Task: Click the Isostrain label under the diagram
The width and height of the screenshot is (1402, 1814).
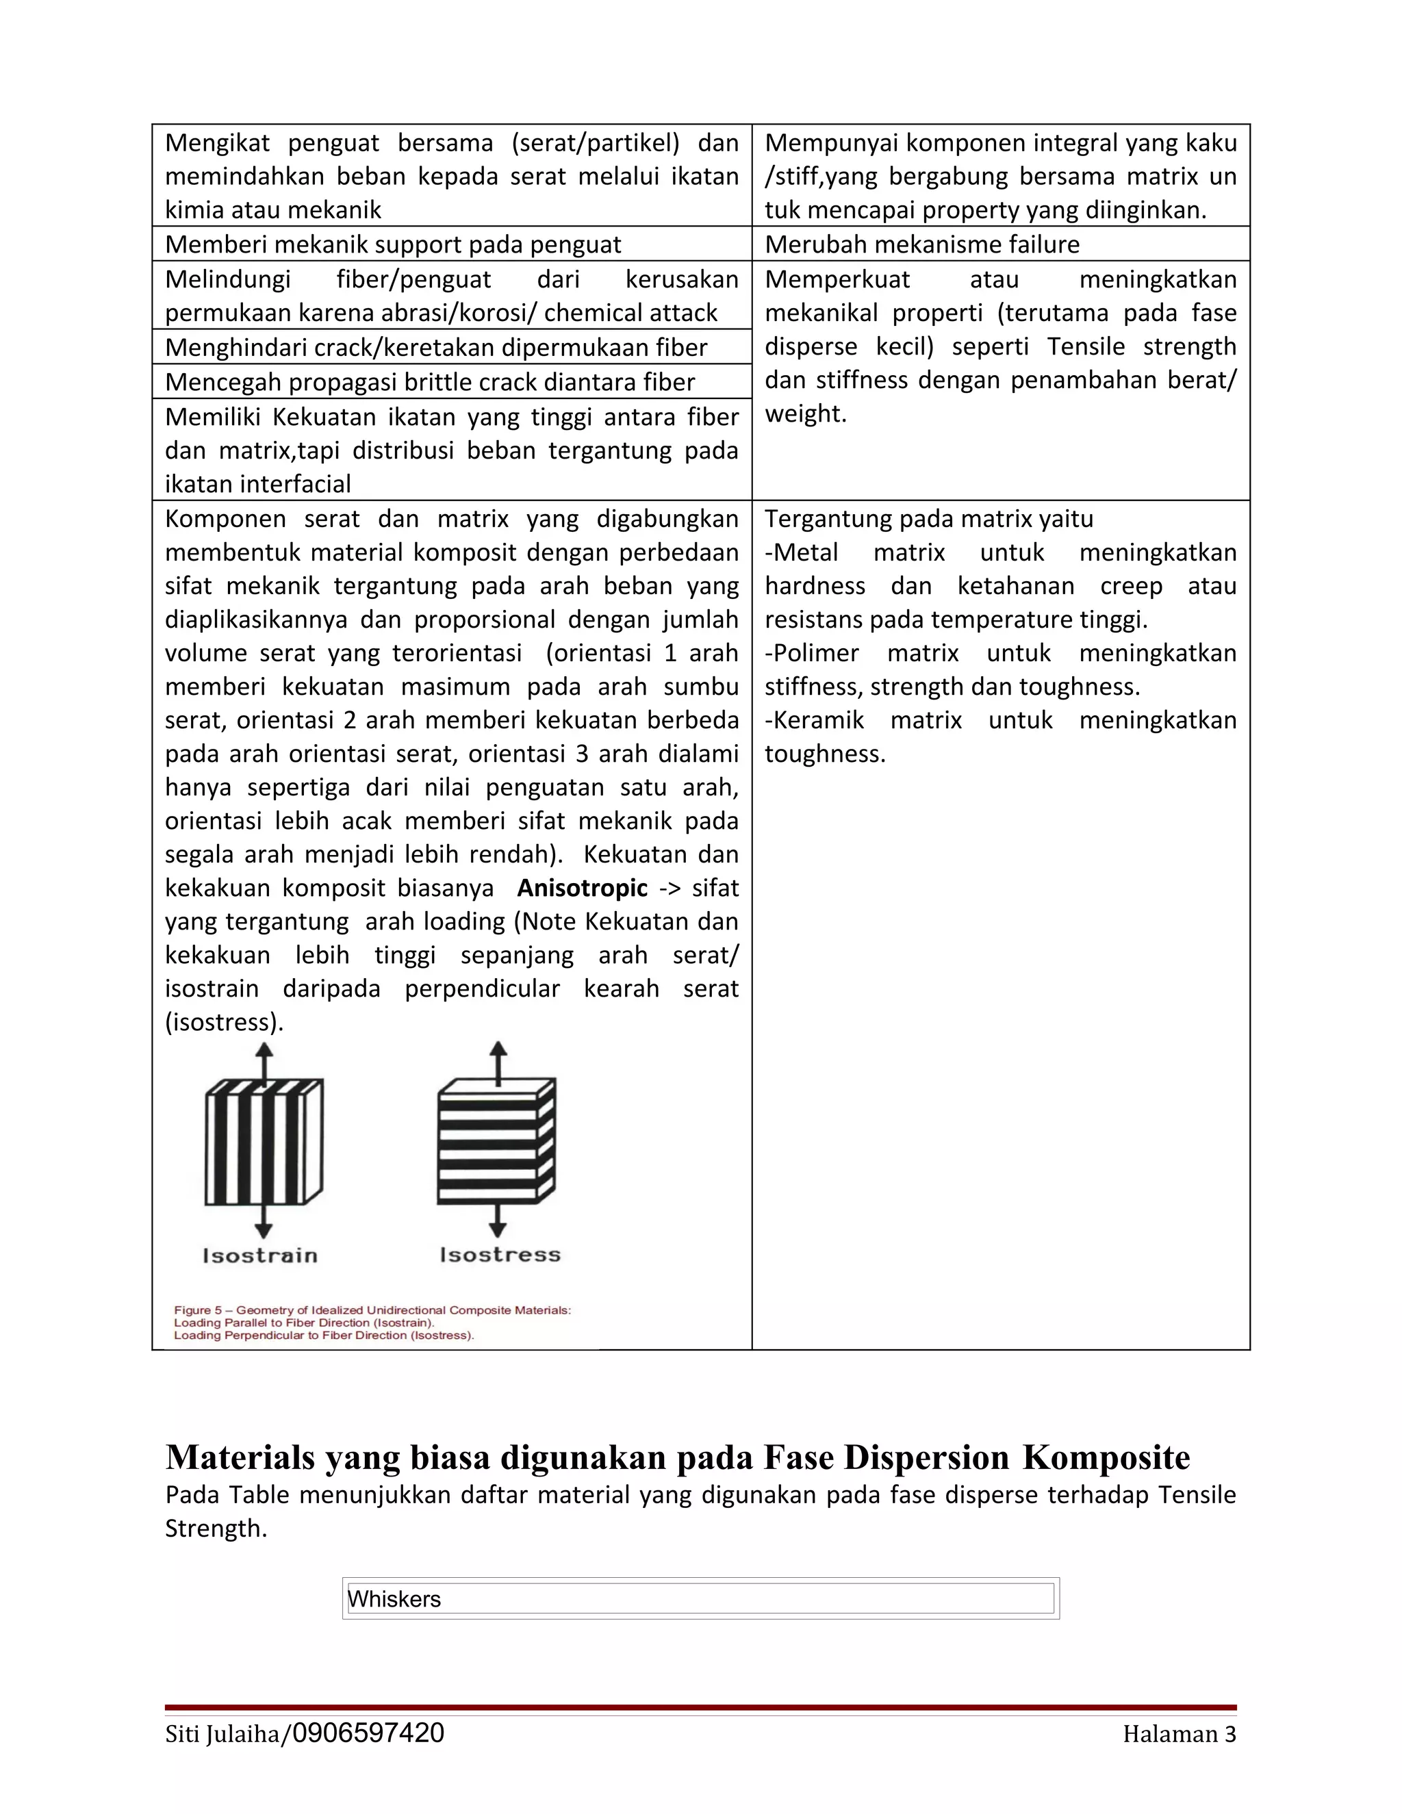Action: tap(260, 1255)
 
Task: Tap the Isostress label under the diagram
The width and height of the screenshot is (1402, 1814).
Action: tap(500, 1254)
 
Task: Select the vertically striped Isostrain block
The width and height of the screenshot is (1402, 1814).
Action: tap(264, 1141)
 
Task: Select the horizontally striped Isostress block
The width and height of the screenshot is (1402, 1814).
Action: tap(496, 1141)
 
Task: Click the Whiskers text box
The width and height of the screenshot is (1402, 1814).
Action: tap(700, 1599)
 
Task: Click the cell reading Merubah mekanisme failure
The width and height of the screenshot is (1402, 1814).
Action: tap(922, 244)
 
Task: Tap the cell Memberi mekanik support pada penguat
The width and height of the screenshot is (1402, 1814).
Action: tap(393, 244)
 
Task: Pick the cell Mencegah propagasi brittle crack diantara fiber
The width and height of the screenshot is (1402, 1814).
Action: tap(429, 382)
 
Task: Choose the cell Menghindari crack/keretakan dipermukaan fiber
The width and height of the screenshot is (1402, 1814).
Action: tap(436, 347)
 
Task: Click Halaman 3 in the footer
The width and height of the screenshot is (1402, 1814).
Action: tap(1179, 1735)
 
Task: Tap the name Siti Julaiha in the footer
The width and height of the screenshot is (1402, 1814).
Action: tap(222, 1735)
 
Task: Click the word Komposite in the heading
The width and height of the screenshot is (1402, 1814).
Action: tap(1106, 1457)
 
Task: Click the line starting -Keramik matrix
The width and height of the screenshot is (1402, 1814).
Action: tap(1000, 720)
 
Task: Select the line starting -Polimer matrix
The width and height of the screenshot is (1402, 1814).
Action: tap(1000, 653)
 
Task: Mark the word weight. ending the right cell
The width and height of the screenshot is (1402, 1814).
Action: tap(805, 413)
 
